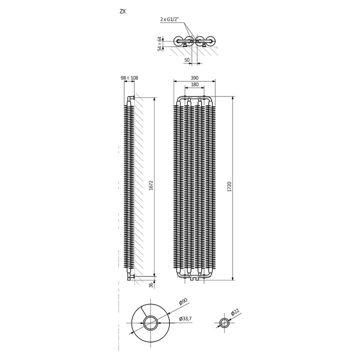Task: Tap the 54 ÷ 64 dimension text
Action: pos(160,43)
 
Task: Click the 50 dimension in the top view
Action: pos(186,59)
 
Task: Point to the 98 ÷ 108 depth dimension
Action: pos(129,77)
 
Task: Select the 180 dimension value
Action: pos(194,85)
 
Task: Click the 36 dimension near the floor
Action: pos(150,285)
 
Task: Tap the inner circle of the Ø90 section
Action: pos(149,322)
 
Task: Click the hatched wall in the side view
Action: pos(142,185)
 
